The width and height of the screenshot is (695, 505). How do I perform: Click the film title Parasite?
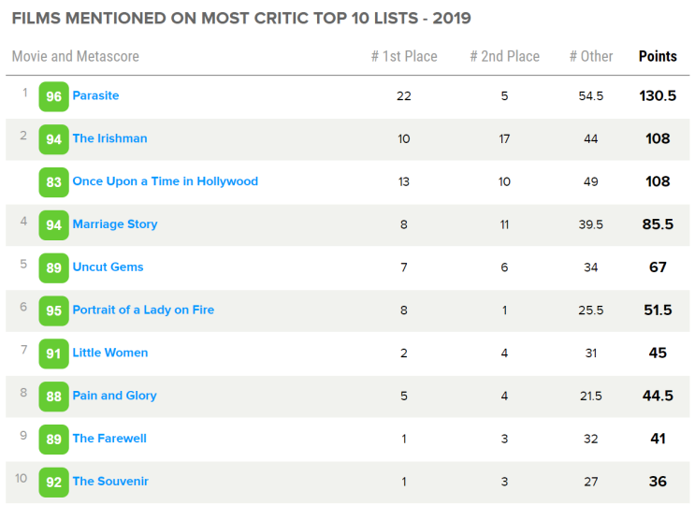pyautogui.click(x=95, y=95)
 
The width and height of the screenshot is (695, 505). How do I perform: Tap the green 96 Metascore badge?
pyautogui.click(x=53, y=96)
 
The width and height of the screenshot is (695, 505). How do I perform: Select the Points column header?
pyautogui.click(x=658, y=56)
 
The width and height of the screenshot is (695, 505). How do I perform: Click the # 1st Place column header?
pyautogui.click(x=404, y=56)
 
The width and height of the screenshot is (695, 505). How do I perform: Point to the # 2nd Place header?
pyautogui.click(x=504, y=56)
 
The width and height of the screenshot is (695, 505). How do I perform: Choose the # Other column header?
pyautogui.click(x=591, y=56)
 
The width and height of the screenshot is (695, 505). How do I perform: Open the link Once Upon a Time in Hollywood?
pyautogui.click(x=165, y=181)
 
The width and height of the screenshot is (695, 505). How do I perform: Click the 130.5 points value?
pyautogui.click(x=658, y=95)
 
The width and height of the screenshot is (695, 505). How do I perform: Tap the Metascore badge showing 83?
pyautogui.click(x=53, y=182)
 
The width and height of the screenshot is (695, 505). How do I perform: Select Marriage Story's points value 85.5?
pyautogui.click(x=658, y=224)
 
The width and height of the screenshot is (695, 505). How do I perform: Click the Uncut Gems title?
pyautogui.click(x=108, y=267)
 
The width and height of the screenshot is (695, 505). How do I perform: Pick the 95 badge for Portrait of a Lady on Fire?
pyautogui.click(x=53, y=310)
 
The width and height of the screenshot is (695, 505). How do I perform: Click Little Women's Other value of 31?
pyautogui.click(x=591, y=353)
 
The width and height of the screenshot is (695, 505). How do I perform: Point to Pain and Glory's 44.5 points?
pyautogui.click(x=658, y=396)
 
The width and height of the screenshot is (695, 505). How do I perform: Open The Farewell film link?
pyautogui.click(x=109, y=439)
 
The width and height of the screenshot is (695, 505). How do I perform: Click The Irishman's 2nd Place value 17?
pyautogui.click(x=504, y=138)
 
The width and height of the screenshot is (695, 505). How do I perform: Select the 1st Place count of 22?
pyautogui.click(x=404, y=95)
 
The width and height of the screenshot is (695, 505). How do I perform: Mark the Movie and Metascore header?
pyautogui.click(x=75, y=56)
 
